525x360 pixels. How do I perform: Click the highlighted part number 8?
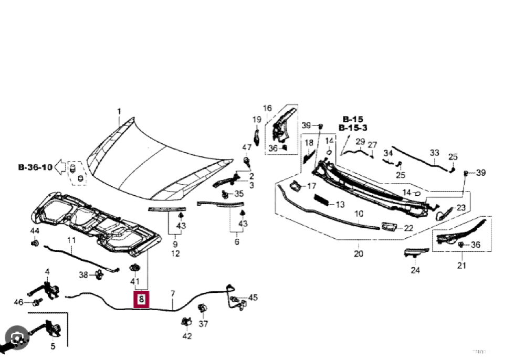point(141,300)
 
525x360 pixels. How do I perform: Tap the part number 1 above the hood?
point(119,111)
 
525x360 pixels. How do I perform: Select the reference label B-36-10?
point(35,167)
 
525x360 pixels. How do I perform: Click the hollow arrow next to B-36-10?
point(61,167)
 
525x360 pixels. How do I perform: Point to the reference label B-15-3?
point(353,128)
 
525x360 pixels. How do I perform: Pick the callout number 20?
point(359,254)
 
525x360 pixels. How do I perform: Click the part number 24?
point(415,271)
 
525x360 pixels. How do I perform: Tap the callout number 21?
point(461,266)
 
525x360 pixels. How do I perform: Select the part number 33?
point(434,153)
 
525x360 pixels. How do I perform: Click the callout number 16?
point(267,109)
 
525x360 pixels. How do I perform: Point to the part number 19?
point(256,120)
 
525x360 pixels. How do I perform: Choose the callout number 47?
point(246,147)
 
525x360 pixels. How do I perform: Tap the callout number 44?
point(35,231)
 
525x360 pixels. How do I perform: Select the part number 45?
point(253,298)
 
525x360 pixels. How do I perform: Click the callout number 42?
point(187,336)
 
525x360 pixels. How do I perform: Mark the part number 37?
point(203,324)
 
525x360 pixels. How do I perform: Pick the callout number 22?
point(408,228)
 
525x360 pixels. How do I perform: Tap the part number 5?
point(52,346)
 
